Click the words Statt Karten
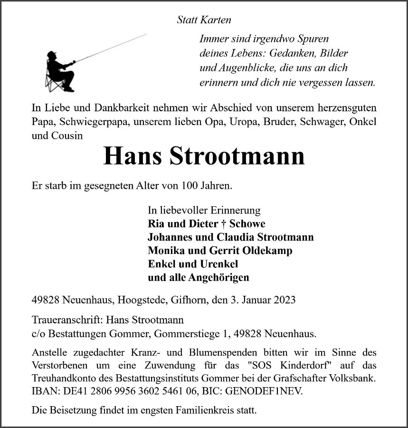point(204,20)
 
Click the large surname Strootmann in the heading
point(237,156)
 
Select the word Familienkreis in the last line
point(180,410)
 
